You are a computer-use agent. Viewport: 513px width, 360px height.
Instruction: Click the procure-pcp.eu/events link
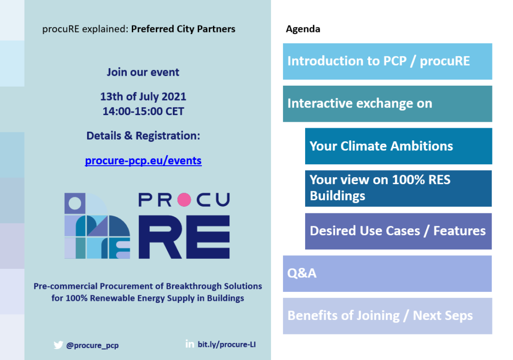(143, 161)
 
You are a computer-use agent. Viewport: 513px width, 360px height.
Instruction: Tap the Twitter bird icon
(58, 345)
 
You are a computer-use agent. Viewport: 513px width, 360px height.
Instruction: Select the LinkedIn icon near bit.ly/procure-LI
(190, 343)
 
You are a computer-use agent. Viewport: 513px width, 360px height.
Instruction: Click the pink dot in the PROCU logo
(184, 200)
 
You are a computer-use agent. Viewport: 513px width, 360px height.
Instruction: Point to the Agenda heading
(303, 29)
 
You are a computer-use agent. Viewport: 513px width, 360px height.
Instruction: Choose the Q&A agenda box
(387, 273)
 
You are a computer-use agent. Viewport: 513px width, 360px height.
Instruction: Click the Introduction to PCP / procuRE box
(387, 62)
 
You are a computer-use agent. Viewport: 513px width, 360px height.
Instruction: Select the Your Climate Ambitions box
(398, 146)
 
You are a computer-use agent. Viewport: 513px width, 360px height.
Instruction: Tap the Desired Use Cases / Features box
(398, 231)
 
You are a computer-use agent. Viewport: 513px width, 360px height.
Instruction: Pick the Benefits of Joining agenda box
(387, 316)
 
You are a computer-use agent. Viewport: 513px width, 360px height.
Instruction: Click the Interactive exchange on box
(387, 104)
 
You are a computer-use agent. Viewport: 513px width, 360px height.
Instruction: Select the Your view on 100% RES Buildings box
(398, 188)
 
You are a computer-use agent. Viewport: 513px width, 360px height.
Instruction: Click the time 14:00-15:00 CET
(143, 112)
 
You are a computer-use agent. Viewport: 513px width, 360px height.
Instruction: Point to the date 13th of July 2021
(143, 97)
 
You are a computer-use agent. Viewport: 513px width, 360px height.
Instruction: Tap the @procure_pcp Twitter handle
(93, 345)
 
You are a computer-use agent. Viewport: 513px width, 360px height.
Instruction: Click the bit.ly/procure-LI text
(227, 344)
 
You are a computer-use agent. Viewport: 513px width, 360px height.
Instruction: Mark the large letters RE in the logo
(184, 237)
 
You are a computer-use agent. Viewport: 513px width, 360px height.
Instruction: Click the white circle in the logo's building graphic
(75, 203)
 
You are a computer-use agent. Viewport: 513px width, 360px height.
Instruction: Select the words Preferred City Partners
(183, 29)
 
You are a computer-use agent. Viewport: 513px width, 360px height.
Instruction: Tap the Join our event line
(143, 72)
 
